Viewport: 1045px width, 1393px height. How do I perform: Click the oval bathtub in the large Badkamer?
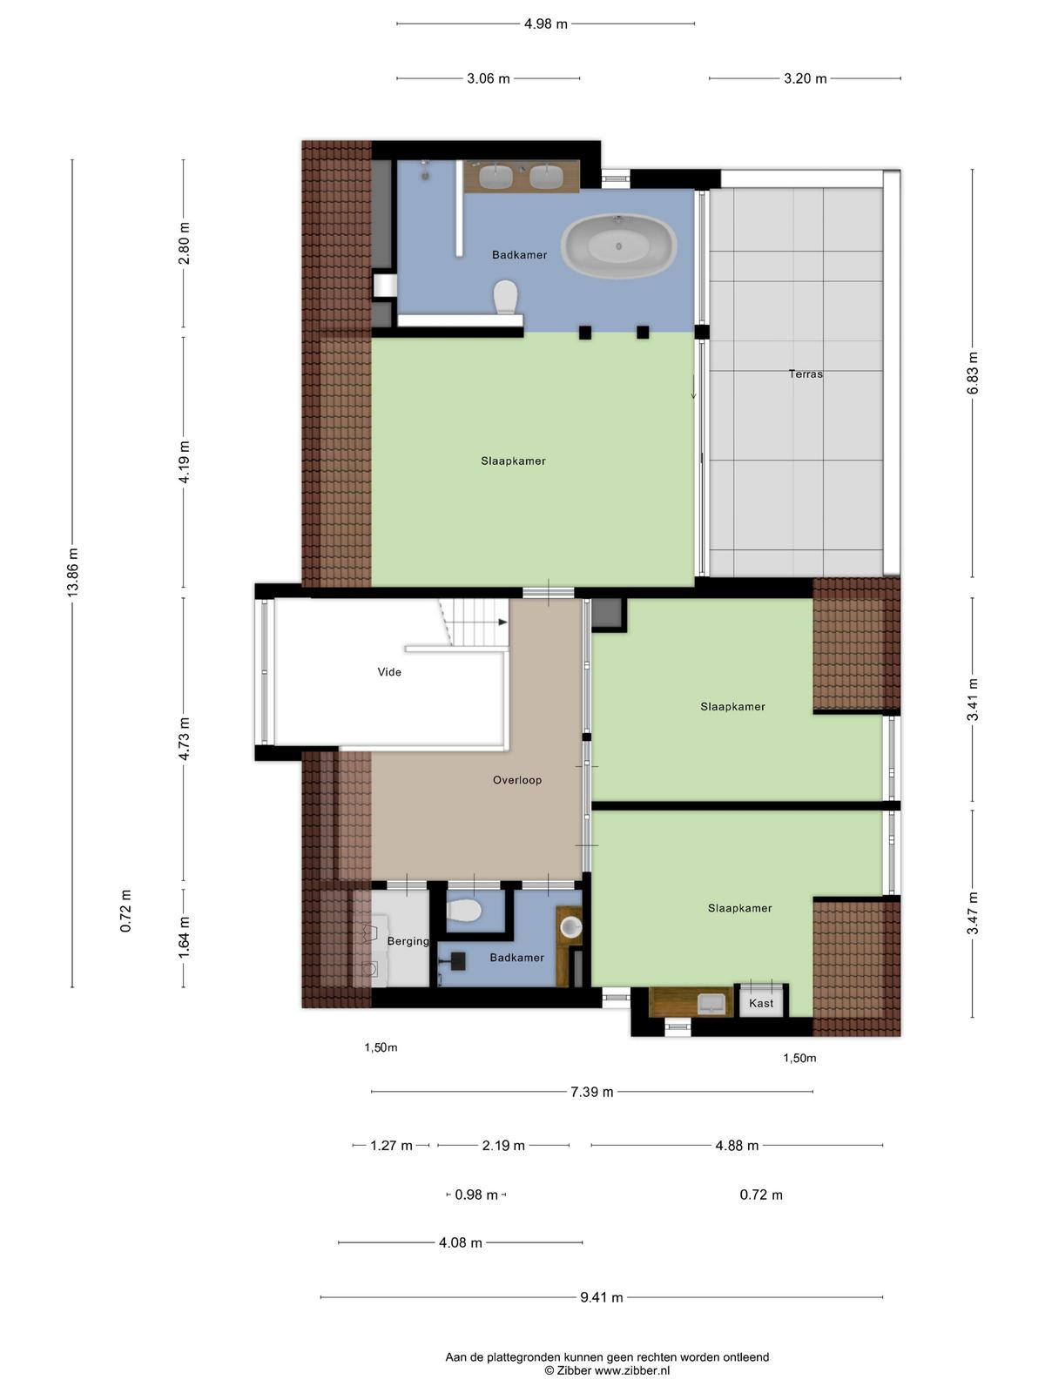click(x=618, y=246)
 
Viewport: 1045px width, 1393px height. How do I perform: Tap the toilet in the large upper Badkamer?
click(x=506, y=297)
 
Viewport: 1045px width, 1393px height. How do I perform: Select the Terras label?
click(x=806, y=373)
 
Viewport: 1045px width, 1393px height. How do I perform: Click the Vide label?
click(x=389, y=672)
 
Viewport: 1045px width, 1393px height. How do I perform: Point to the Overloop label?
click(x=517, y=780)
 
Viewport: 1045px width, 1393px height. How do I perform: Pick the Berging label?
click(x=408, y=941)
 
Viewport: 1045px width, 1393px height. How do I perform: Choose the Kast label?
click(x=761, y=1003)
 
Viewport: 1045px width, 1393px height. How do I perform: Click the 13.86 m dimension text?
click(x=73, y=571)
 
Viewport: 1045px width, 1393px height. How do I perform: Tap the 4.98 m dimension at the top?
click(x=546, y=24)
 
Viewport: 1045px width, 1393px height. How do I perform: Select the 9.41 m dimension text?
click(x=602, y=1297)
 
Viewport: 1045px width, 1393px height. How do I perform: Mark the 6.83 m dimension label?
click(x=973, y=373)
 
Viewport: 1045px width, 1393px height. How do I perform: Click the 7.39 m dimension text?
click(x=592, y=1092)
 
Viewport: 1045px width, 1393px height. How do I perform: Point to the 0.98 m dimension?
click(x=476, y=1194)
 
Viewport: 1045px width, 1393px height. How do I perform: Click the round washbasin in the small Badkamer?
click(x=571, y=927)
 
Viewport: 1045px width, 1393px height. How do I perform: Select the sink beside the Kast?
click(x=711, y=1003)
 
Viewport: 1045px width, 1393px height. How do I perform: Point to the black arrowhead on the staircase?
click(x=503, y=622)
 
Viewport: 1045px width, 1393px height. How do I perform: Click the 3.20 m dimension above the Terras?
click(x=806, y=78)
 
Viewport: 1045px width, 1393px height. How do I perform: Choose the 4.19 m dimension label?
click(x=184, y=462)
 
